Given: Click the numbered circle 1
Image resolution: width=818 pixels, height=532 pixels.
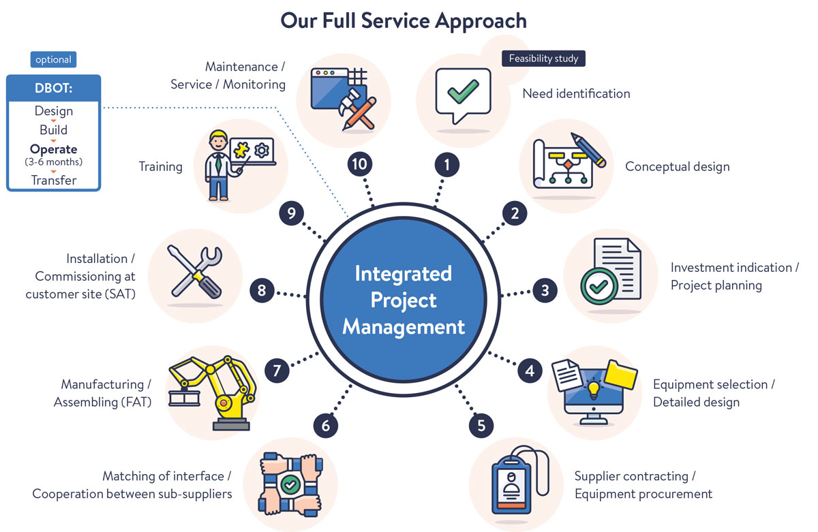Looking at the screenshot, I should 447,164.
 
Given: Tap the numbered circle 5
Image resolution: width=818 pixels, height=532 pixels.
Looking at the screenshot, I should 481,426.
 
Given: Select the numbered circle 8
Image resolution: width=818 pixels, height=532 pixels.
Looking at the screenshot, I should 262,291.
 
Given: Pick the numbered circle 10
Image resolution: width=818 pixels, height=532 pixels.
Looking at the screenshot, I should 359,164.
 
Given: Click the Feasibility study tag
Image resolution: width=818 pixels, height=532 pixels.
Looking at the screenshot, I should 543,59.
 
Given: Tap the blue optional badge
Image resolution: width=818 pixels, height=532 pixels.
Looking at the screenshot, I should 54,59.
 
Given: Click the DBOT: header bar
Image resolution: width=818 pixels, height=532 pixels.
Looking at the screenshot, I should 54,88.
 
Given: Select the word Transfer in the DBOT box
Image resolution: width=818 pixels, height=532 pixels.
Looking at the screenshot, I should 54,181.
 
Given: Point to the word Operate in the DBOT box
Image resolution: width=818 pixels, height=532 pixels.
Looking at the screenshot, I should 54,149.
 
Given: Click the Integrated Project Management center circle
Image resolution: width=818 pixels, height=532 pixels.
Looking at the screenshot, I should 404,300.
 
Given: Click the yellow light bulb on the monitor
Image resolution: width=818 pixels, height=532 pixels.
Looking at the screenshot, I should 593,389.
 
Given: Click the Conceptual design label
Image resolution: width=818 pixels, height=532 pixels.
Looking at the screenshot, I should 677,166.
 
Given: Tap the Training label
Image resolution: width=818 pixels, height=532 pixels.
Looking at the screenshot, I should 161,166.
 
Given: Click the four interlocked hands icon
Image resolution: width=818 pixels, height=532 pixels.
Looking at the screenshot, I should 290,484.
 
